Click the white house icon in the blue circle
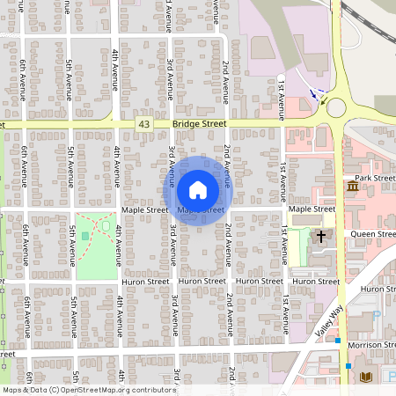pos(198,189)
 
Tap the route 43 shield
pos(143,126)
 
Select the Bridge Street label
pos(200,126)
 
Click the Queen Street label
pos(373,234)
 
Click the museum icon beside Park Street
pos(352,187)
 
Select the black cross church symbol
pos(321,236)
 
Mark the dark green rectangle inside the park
pos(85,236)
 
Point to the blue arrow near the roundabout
pos(313,92)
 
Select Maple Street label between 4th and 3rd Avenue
pos(145,210)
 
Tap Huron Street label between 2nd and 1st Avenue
pos(257,281)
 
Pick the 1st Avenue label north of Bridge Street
pos(282,97)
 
